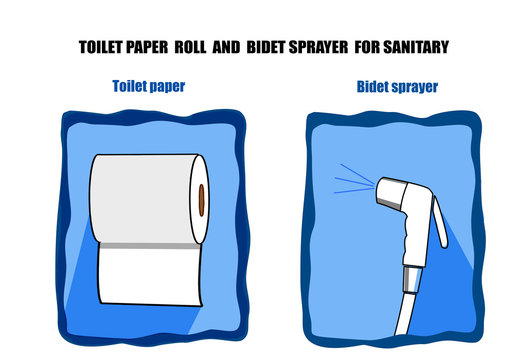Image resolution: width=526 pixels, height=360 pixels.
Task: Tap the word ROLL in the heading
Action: [190, 47]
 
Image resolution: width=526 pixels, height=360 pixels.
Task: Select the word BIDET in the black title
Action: [266, 47]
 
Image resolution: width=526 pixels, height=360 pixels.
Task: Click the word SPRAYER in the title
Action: [318, 47]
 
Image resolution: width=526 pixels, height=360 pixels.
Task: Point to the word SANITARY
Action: [416, 47]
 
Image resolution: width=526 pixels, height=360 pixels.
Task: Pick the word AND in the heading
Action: [226, 47]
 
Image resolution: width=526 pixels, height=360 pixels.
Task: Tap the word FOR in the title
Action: [367, 47]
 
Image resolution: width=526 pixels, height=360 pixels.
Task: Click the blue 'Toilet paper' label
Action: [149, 86]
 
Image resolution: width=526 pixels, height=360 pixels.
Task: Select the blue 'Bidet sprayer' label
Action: [397, 87]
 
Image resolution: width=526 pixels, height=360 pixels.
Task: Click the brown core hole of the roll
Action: [201, 200]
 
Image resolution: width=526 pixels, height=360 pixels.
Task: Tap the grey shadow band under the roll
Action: [150, 246]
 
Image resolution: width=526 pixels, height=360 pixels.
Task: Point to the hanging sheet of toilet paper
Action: [150, 276]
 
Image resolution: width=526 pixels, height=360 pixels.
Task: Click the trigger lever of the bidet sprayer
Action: [440, 222]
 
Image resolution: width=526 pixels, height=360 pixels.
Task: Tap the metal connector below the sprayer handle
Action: [412, 279]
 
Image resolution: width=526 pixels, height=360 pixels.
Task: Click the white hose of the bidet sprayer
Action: [405, 314]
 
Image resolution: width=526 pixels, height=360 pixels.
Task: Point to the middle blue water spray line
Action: [354, 182]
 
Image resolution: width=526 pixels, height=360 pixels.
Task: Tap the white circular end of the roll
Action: [200, 199]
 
